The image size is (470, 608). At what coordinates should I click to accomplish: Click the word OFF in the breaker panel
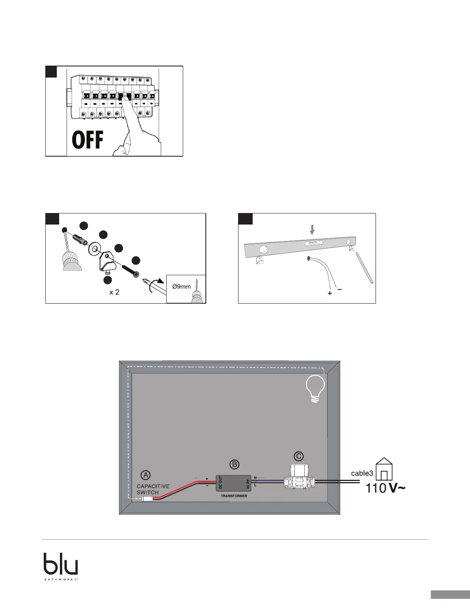click(88, 140)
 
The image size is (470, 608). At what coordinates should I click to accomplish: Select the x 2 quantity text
click(114, 292)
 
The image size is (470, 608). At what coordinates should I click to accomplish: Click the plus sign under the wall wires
click(329, 293)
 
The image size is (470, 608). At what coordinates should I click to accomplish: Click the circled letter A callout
click(146, 475)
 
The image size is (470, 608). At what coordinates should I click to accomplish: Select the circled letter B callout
click(234, 464)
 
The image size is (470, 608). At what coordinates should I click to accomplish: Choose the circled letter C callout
click(298, 456)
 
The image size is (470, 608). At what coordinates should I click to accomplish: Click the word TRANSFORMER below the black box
click(234, 496)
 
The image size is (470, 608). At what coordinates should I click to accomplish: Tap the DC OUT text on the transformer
click(220, 482)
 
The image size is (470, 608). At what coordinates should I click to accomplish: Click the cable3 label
click(362, 474)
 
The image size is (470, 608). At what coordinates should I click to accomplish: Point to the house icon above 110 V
click(384, 469)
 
